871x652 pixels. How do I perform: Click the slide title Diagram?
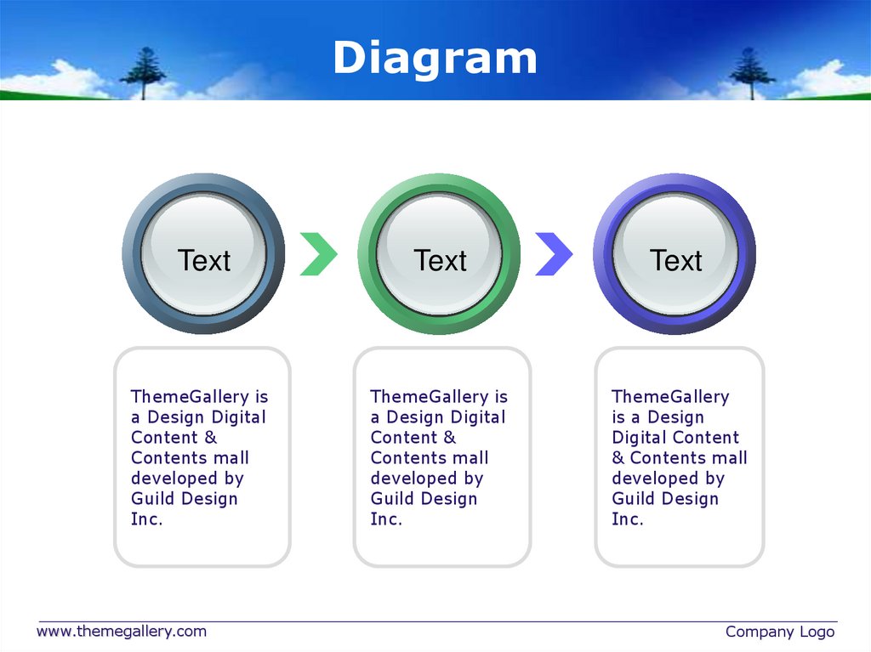point(435,59)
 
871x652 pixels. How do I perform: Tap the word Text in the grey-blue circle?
point(204,260)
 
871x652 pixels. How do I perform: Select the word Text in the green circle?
point(440,260)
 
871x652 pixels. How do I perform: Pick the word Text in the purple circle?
point(676,260)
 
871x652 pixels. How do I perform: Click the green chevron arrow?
point(319,252)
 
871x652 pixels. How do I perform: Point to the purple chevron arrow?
point(554,252)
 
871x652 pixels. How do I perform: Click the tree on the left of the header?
point(142,71)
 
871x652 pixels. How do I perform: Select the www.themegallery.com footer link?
point(121,631)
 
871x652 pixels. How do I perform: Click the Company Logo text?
point(779,632)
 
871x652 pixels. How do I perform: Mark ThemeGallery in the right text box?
point(670,397)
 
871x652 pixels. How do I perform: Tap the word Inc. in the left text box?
point(146,519)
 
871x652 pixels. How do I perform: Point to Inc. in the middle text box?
point(386,519)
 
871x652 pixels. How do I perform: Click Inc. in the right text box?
point(628,519)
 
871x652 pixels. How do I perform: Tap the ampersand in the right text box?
point(618,458)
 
